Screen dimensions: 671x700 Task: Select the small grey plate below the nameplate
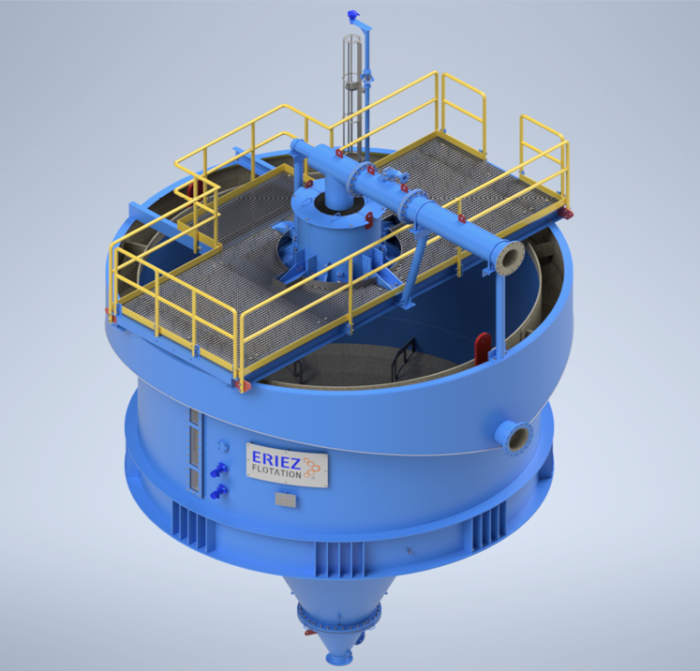(286, 500)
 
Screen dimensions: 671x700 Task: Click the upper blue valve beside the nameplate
(219, 470)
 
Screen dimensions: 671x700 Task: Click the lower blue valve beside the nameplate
(219, 492)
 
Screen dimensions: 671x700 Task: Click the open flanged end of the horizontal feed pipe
(509, 257)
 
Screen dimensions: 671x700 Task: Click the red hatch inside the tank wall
(482, 348)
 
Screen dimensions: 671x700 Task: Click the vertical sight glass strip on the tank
(193, 451)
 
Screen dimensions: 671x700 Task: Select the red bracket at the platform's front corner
(242, 386)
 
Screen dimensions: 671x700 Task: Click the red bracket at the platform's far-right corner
(566, 213)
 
